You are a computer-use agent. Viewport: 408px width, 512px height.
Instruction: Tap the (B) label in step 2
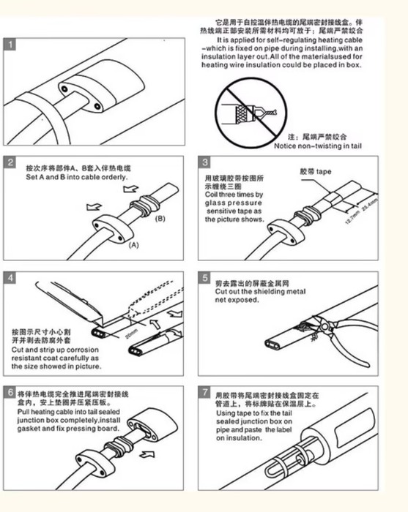161,218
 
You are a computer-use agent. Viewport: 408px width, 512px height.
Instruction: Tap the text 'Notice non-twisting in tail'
316,146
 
